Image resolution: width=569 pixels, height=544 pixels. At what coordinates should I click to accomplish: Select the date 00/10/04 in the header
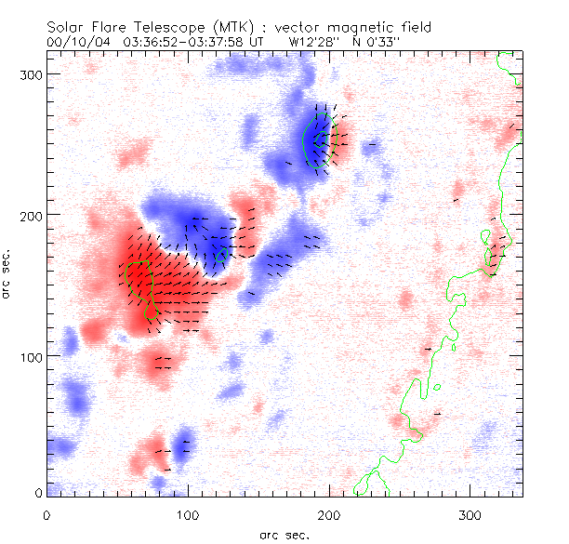click(75, 42)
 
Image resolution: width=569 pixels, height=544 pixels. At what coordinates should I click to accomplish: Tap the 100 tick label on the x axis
click(188, 515)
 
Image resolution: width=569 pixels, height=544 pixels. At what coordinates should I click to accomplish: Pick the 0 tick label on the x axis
click(46, 515)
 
